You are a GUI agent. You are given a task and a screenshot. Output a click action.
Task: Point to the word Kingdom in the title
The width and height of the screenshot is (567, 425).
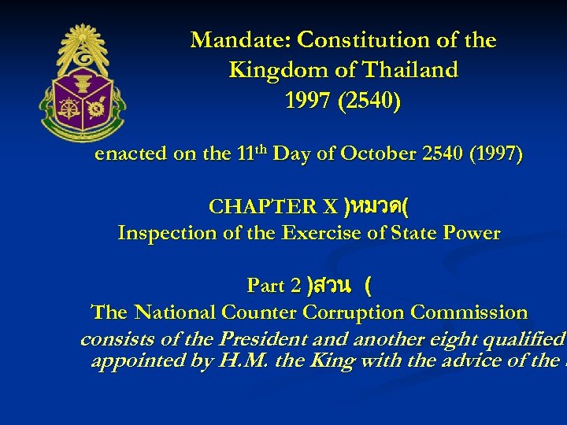point(269,71)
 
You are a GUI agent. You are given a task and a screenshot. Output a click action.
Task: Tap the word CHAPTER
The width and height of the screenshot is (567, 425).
point(253,207)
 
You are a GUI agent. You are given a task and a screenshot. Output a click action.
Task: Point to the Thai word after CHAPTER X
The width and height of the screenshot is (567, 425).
point(379,207)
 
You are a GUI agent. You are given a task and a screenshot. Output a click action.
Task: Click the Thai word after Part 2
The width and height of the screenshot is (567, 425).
point(328,285)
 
